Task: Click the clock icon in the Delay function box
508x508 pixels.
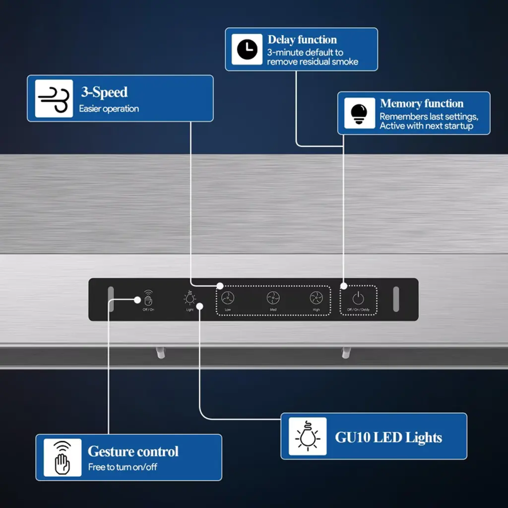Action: pyautogui.click(x=247, y=50)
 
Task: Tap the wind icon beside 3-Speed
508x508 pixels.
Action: pyautogui.click(x=54, y=98)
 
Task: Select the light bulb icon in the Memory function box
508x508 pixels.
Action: pyautogui.click(x=359, y=113)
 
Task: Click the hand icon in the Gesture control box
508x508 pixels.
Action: pyautogui.click(x=63, y=457)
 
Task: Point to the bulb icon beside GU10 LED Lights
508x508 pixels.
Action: pyautogui.click(x=308, y=436)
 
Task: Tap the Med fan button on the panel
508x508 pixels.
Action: pyautogui.click(x=273, y=298)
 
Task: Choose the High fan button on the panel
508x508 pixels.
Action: pyautogui.click(x=316, y=298)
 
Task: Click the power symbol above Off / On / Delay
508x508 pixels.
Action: pyautogui.click(x=358, y=298)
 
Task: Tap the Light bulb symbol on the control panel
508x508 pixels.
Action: pyautogui.click(x=190, y=298)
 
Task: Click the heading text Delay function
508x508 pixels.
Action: pyautogui.click(x=302, y=40)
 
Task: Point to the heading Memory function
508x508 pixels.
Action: pyautogui.click(x=422, y=104)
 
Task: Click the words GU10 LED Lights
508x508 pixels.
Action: pyautogui.click(x=388, y=438)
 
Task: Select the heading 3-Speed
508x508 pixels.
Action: pyautogui.click(x=104, y=92)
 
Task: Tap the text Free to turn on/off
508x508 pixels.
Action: pyautogui.click(x=123, y=467)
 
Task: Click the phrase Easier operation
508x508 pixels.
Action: pyautogui.click(x=109, y=109)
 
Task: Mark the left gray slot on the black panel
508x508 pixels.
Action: pyautogui.click(x=111, y=299)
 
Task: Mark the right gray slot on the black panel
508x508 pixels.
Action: pyautogui.click(x=396, y=299)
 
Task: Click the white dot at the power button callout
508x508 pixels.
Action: pyautogui.click(x=343, y=286)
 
